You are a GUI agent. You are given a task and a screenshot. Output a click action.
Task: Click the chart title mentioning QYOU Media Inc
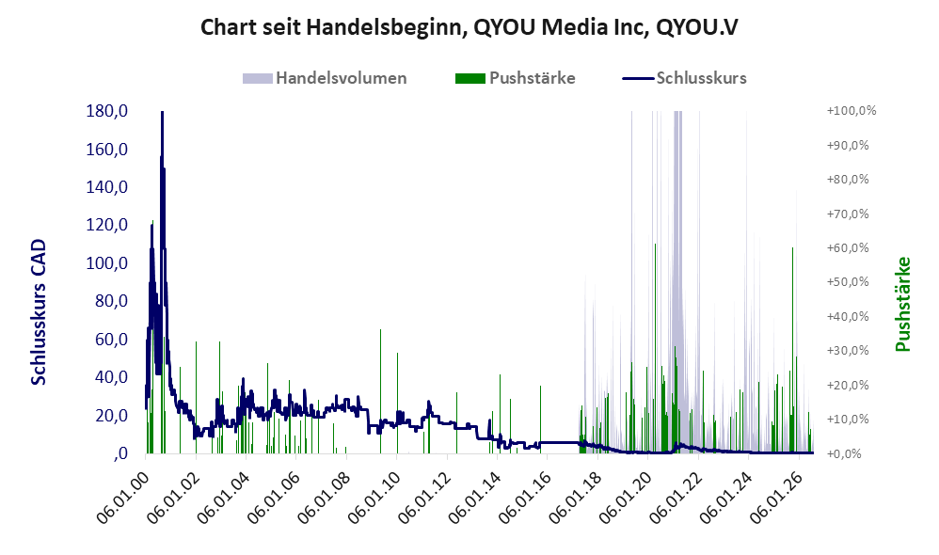pos(469,27)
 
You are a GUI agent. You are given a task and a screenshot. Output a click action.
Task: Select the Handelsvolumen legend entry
pos(325,78)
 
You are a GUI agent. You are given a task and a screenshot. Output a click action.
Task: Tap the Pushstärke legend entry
pos(515,78)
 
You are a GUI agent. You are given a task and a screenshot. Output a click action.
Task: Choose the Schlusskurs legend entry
pos(684,78)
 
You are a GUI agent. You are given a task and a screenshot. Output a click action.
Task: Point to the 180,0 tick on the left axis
pos(107,111)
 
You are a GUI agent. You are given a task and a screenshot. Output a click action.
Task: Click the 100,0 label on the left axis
pos(107,262)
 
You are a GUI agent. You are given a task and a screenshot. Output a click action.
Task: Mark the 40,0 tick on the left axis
pos(111,377)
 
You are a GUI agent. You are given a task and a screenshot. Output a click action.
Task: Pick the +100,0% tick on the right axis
pos(851,111)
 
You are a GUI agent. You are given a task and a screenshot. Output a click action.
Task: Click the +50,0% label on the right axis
pos(848,282)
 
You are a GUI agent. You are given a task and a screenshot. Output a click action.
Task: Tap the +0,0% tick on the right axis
pos(844,453)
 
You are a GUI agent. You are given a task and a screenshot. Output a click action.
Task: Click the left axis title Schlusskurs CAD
pos(39,312)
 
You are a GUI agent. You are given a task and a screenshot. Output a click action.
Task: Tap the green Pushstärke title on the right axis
pos(902,304)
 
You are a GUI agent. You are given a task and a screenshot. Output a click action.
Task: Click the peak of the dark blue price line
pos(162,112)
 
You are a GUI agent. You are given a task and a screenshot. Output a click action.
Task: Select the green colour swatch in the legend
pos(470,78)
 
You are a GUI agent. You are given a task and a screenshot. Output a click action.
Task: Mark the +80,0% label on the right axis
pos(848,180)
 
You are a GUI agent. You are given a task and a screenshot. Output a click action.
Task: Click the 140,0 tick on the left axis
pos(107,187)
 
